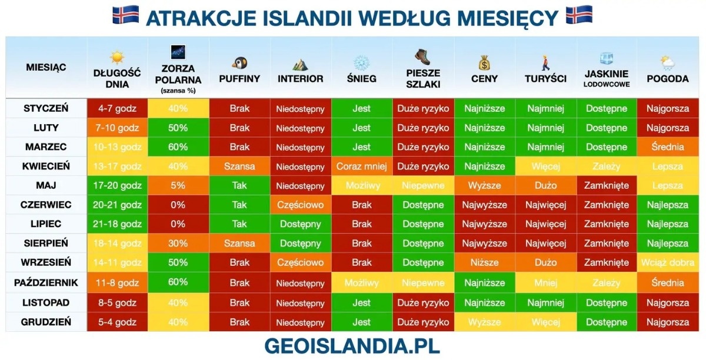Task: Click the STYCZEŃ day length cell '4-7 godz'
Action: coord(117,108)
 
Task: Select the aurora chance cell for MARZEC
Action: coord(178,147)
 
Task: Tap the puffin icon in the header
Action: coord(239,63)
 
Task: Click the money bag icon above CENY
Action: coord(484,63)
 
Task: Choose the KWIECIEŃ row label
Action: coord(46,166)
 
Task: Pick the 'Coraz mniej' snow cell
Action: coord(361,166)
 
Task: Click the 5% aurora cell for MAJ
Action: coord(178,185)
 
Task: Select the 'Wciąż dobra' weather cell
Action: coord(668,262)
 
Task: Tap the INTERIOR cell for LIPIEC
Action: coord(301,224)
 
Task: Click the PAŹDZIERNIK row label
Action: coord(46,282)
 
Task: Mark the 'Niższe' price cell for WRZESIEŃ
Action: coord(484,262)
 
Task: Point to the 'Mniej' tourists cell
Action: coord(545,282)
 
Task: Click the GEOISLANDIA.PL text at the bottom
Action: coord(352,346)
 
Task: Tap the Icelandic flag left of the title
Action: coord(125,15)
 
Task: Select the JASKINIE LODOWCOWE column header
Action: coord(607,78)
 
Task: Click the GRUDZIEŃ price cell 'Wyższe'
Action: coord(484,322)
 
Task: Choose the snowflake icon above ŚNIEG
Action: coord(361,63)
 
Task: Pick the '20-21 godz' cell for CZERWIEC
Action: coord(117,205)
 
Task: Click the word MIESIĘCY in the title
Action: coord(507,18)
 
